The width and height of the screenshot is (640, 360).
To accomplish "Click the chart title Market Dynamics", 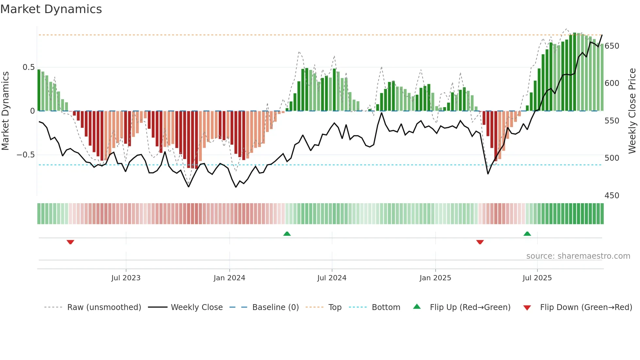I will (x=51, y=9).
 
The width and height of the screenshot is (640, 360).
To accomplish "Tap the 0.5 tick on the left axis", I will (x=29, y=67).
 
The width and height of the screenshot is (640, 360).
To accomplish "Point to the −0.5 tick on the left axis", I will (x=26, y=155).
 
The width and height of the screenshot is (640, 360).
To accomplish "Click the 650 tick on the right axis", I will (x=612, y=46).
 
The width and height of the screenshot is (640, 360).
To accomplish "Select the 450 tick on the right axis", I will (x=612, y=196).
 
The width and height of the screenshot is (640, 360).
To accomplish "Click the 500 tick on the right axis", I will (x=612, y=158).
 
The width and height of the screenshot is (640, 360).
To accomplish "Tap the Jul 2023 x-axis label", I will (x=126, y=278).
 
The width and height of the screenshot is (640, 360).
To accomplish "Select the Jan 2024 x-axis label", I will (x=229, y=278).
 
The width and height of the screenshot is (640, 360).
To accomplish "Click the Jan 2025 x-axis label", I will (x=435, y=278).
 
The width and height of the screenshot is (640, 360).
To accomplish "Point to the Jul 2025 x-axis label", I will (x=537, y=278).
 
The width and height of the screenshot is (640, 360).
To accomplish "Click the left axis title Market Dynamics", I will (x=5, y=111).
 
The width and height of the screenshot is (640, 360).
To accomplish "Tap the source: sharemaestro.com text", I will (x=578, y=256).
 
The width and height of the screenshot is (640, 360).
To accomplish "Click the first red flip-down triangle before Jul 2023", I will (x=70, y=242).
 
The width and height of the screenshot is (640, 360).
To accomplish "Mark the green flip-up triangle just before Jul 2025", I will (x=527, y=234).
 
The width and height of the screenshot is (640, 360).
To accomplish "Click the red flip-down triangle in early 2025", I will (x=480, y=242).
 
